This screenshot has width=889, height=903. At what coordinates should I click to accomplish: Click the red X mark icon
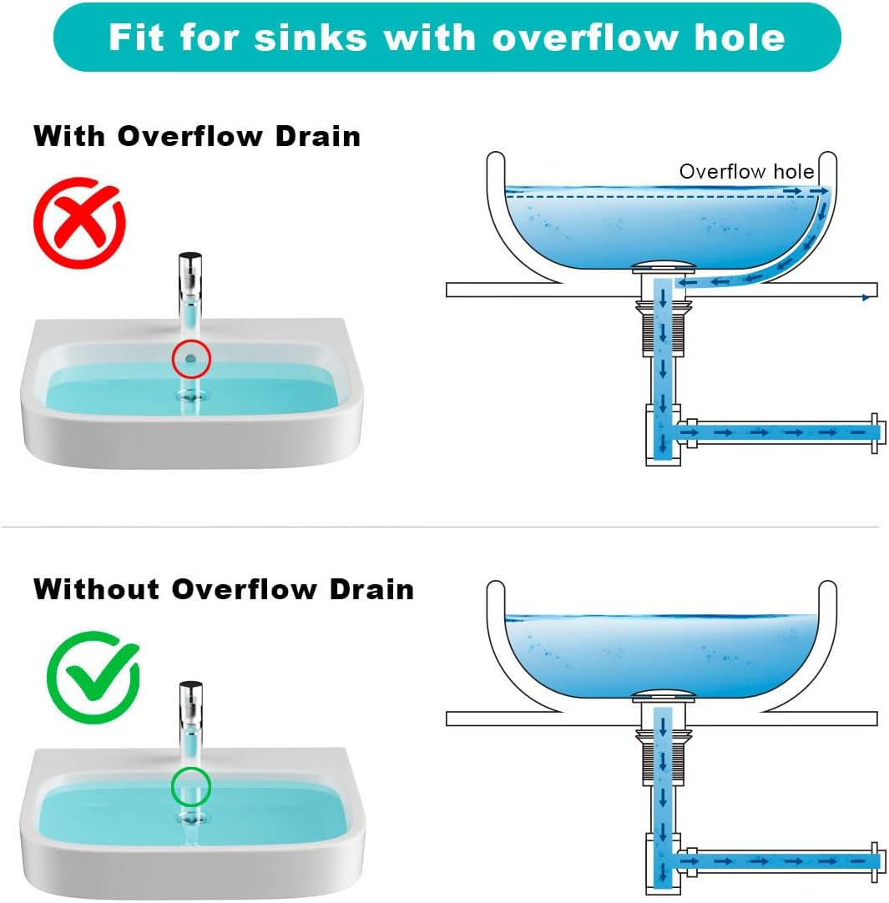[79, 222]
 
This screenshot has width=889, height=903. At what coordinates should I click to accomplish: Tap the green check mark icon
[93, 677]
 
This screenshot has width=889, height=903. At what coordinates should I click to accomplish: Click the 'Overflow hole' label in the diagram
[746, 172]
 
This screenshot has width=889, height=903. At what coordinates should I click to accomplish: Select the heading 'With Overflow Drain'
[197, 136]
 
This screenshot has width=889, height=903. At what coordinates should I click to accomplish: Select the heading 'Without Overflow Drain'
[224, 589]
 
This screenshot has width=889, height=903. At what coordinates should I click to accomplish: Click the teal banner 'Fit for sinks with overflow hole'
[447, 38]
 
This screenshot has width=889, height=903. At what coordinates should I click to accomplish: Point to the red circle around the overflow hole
[191, 359]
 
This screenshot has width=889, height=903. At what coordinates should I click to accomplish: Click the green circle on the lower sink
[191, 786]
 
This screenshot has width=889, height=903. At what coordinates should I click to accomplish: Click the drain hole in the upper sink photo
[191, 395]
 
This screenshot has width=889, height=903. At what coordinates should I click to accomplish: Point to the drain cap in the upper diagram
[663, 268]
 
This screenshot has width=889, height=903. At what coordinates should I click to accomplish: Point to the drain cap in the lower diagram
[663, 695]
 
